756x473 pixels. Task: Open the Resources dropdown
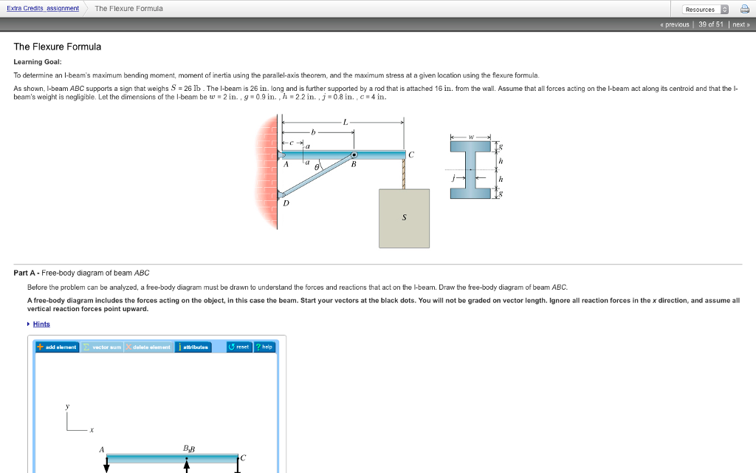tap(705, 9)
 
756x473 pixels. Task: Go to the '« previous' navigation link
tap(676, 24)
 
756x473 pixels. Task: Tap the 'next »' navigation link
tap(740, 24)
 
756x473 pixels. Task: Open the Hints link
tap(41, 324)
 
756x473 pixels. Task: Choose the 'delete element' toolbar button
tap(148, 347)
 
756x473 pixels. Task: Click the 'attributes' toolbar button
tap(193, 347)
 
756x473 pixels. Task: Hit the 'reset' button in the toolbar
tap(239, 347)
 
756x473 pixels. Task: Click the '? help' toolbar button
tap(264, 347)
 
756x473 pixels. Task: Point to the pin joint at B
tap(354, 154)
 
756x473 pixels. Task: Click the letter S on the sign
tap(404, 218)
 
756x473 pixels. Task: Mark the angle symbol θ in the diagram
tap(317, 168)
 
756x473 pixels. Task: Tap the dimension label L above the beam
tap(344, 121)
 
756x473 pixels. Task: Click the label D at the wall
tap(285, 204)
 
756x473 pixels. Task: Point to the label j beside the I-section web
tap(455, 178)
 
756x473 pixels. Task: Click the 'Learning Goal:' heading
tap(38, 61)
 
